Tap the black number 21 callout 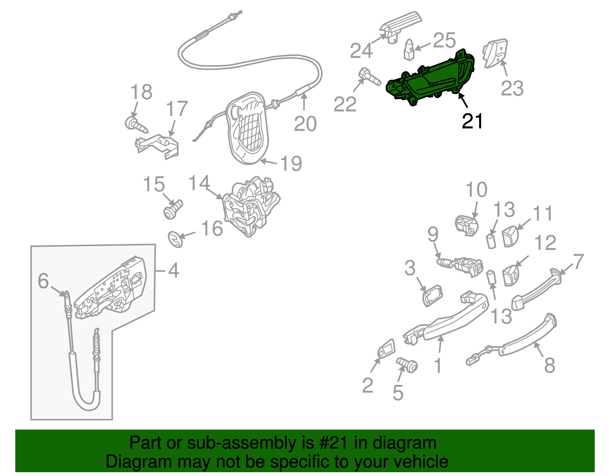tap(472, 121)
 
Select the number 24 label tap(361, 51)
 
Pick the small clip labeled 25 tap(409, 50)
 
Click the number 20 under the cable tap(305, 124)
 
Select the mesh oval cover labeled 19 tap(248, 128)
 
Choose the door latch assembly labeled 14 tap(251, 206)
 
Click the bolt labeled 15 tap(173, 209)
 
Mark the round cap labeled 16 tap(176, 239)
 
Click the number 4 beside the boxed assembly tap(173, 271)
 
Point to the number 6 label tap(43, 281)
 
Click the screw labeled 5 tap(407, 365)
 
